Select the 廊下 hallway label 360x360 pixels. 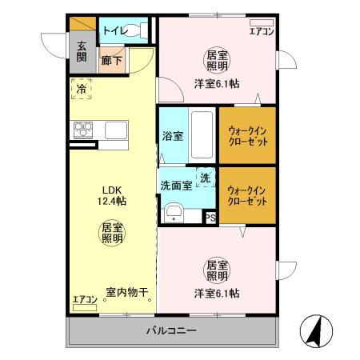point(110,60)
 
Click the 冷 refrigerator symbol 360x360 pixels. point(81,90)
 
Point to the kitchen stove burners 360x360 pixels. point(84,129)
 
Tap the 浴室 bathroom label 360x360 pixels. point(172,136)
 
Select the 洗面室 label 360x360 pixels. point(176,185)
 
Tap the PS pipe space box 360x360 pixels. point(210,217)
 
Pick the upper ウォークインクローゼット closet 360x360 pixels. point(247,134)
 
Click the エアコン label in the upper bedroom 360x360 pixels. point(262,32)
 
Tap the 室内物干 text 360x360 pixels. point(128,293)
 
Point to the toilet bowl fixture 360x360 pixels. point(139,30)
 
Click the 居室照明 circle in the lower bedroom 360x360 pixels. point(217,270)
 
